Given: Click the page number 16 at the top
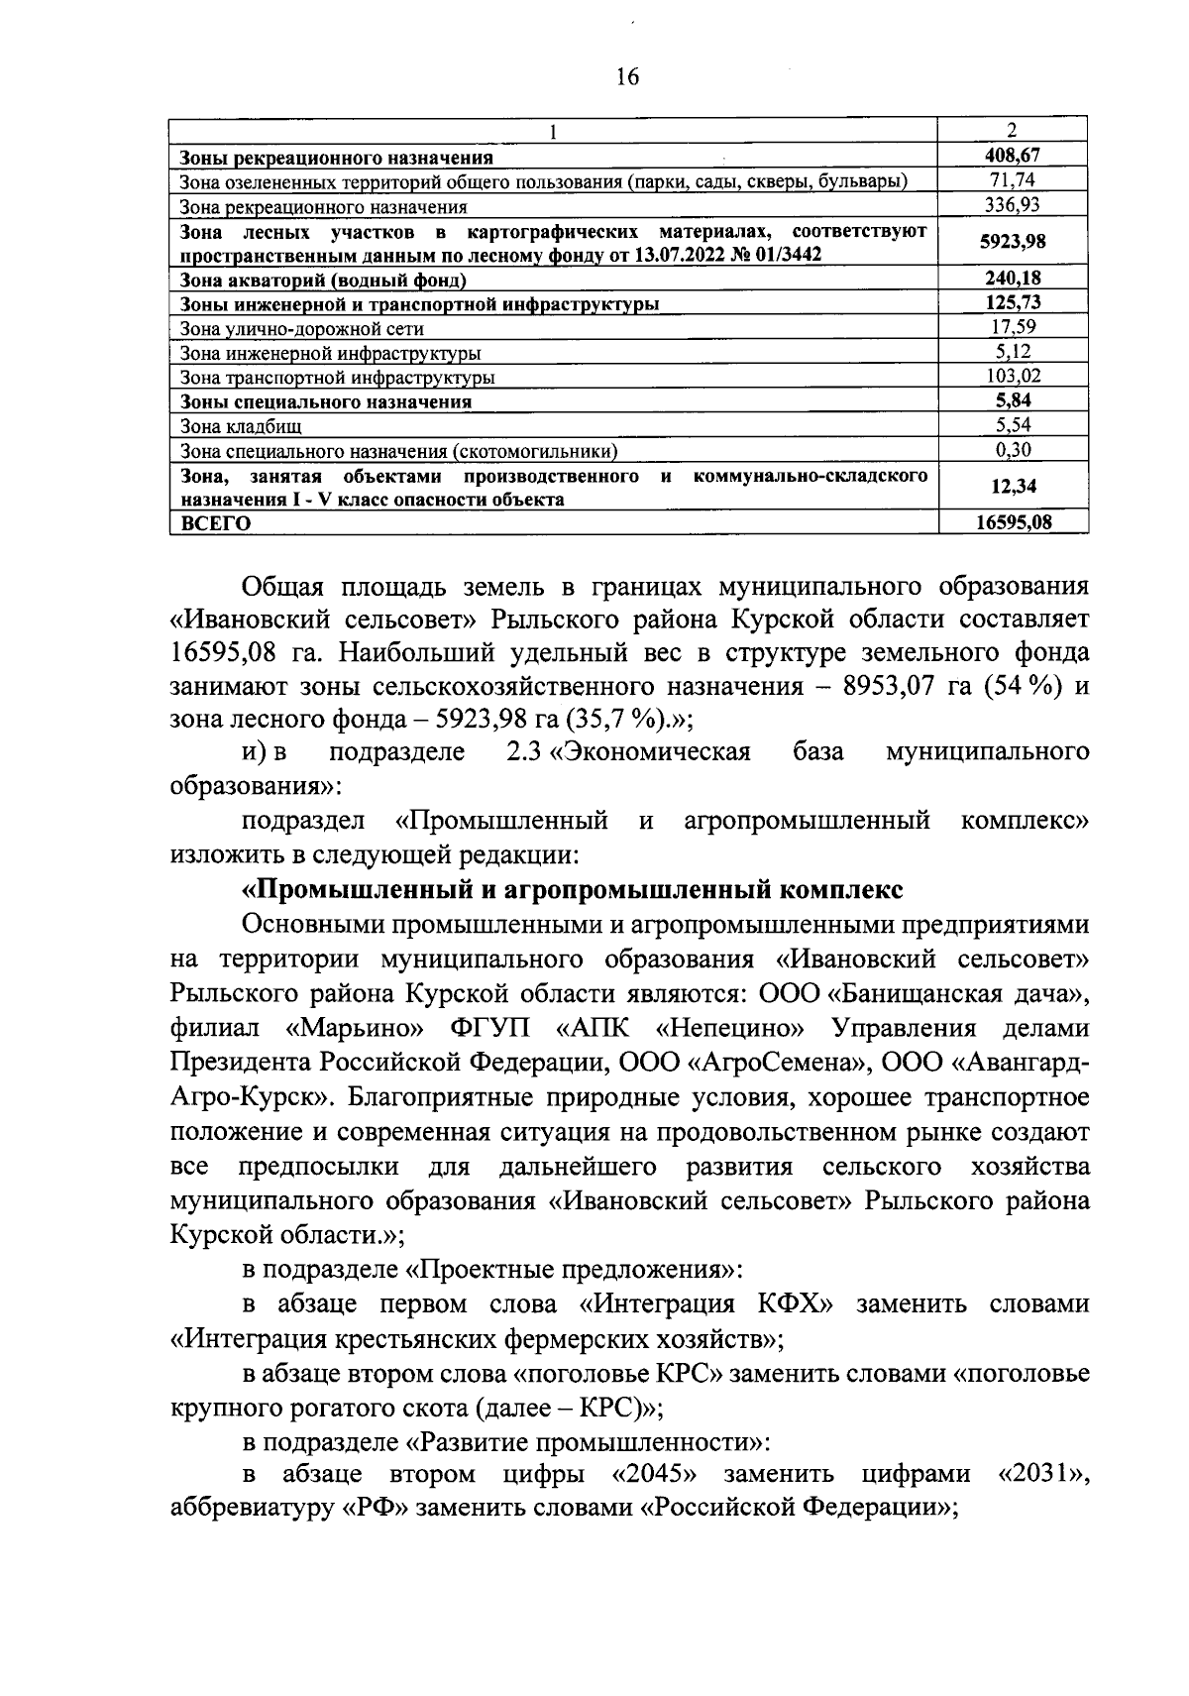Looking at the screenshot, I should coord(628,77).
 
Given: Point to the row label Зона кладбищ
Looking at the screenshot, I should coord(241,427).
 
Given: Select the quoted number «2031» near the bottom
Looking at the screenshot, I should coord(1039,1473).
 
